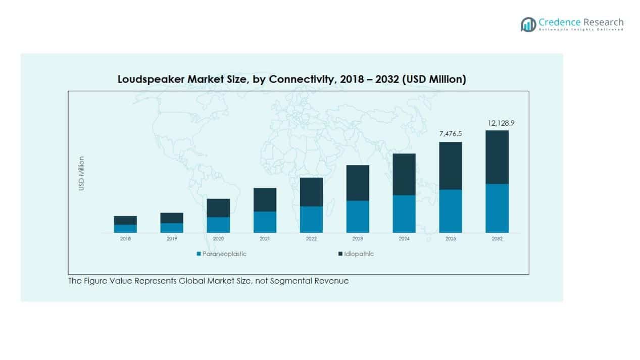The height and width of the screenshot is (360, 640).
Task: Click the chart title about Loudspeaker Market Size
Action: (x=291, y=79)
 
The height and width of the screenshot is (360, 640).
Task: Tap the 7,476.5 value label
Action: (x=450, y=134)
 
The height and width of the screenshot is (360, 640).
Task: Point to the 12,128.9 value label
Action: (x=497, y=123)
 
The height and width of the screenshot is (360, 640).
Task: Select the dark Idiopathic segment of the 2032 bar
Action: (x=497, y=157)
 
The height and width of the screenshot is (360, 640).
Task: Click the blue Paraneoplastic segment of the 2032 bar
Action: (x=497, y=208)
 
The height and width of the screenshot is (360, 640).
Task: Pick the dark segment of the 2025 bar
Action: (x=450, y=166)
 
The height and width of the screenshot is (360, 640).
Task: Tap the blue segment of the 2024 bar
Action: (x=404, y=214)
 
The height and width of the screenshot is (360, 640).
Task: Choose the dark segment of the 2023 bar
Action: (x=358, y=183)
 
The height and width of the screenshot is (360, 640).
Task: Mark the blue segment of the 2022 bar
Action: (x=311, y=219)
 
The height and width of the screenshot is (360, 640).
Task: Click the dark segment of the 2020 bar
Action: (x=218, y=208)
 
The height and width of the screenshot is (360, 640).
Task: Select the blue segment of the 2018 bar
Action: (x=125, y=228)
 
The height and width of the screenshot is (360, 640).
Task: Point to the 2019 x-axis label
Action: (x=172, y=239)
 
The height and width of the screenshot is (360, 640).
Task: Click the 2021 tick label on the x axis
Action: (x=265, y=239)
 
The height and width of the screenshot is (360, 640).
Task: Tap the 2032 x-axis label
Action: (x=497, y=239)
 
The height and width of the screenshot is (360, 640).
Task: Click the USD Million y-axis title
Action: (x=81, y=173)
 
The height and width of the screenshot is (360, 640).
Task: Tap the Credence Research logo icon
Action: (x=528, y=24)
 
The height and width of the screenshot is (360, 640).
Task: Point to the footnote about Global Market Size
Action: (x=208, y=281)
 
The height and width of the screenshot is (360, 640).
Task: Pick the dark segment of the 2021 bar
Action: (x=265, y=199)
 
